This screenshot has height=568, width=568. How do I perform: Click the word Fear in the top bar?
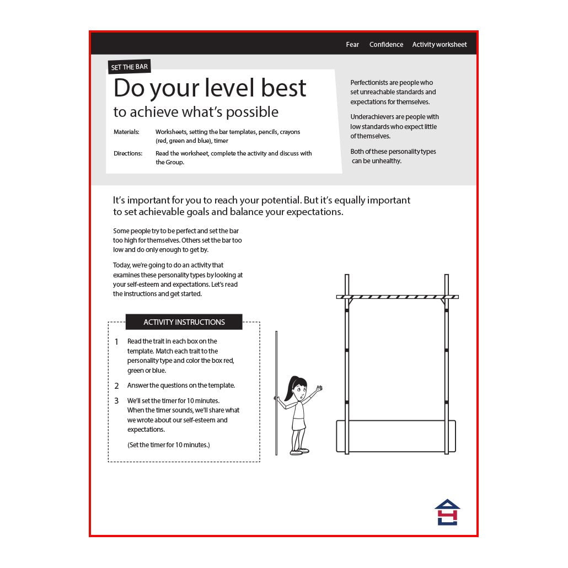tap(352, 45)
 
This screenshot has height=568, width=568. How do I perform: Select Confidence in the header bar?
tap(386, 45)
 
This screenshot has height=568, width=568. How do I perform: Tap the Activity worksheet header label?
tap(440, 45)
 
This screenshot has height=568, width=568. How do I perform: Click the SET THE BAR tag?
tap(130, 67)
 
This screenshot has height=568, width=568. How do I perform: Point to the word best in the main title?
tap(283, 88)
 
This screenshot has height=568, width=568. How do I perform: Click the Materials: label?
tap(126, 132)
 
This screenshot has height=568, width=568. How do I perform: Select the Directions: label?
tap(128, 153)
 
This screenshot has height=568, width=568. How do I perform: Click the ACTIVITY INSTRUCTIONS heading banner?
tap(184, 322)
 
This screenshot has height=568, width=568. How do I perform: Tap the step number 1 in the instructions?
tap(116, 341)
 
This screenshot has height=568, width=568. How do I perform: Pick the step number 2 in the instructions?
tap(116, 386)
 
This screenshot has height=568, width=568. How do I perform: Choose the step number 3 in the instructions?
tap(116, 401)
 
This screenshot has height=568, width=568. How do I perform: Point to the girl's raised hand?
tap(319, 389)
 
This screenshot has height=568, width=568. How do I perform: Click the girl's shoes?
tap(299, 451)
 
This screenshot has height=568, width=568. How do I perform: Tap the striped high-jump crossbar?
tap(398, 297)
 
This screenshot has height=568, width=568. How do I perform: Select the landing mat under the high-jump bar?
tap(396, 436)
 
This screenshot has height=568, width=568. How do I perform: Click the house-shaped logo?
tap(447, 512)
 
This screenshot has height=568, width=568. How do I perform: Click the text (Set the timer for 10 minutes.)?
tap(168, 445)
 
